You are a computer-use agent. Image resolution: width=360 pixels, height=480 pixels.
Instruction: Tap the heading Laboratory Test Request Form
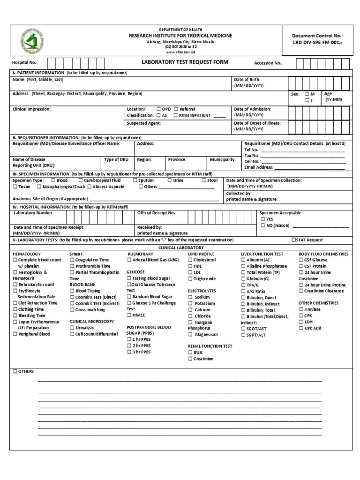coord(185,62)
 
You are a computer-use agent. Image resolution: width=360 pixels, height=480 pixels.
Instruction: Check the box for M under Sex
coord(307,94)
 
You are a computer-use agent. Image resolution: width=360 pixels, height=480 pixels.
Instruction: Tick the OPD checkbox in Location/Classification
coord(159,109)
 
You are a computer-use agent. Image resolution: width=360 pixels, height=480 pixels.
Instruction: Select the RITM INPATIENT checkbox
coord(175,115)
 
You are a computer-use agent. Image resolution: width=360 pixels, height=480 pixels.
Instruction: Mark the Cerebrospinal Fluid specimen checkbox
coord(81,180)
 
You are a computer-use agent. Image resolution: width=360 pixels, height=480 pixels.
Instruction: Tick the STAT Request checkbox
coord(293,240)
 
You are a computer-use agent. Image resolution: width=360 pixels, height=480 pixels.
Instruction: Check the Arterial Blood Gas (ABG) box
coord(129,260)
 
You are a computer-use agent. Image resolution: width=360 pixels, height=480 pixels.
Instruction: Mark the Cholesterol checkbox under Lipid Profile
coord(190,260)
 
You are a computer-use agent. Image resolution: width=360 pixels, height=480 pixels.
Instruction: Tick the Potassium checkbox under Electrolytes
coord(190,303)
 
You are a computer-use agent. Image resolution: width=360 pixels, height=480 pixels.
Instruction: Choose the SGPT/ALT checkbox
coord(243,335)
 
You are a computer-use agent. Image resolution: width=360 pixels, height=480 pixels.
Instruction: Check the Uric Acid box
coord(301,328)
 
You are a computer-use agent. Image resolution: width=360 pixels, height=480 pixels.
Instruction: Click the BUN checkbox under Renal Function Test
coord(190,352)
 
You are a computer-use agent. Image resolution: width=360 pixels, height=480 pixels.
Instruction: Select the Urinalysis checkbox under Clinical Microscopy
coord(72,328)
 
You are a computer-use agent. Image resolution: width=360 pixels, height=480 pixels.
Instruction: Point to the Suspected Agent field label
coord(144,123)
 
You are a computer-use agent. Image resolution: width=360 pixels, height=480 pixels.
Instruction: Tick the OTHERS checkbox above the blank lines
coord(15,371)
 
